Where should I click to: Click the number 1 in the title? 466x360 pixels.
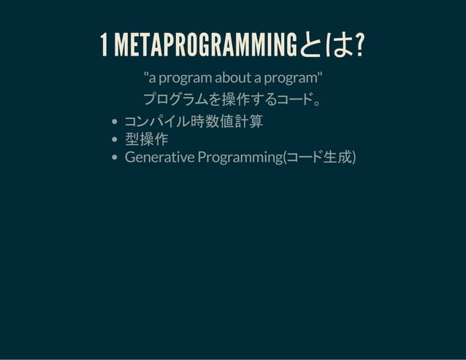(x=103, y=47)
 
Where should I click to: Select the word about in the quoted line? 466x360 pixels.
(x=232, y=78)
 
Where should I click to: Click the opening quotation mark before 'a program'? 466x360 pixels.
(x=145, y=75)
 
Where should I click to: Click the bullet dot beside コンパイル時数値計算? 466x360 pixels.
(x=115, y=122)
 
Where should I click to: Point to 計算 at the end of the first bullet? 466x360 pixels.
(x=248, y=121)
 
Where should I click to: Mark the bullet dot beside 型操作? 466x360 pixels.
(x=115, y=140)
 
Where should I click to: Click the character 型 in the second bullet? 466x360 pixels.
(x=132, y=139)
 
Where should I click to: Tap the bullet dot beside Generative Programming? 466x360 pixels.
(x=115, y=158)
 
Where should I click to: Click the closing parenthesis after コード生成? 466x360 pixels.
(x=354, y=157)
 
